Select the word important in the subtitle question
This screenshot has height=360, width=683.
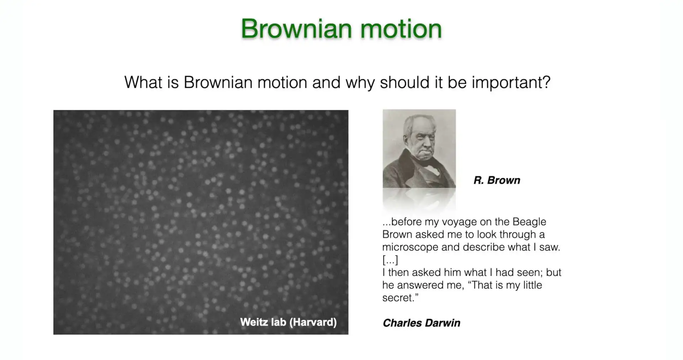coord(511,83)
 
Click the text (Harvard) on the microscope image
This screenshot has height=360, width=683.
coord(313,322)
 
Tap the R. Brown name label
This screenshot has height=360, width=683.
coord(497,180)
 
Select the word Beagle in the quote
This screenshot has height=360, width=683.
coord(529,222)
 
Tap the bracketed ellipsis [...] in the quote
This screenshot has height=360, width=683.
coord(390,260)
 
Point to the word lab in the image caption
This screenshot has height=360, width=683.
coord(279,322)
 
